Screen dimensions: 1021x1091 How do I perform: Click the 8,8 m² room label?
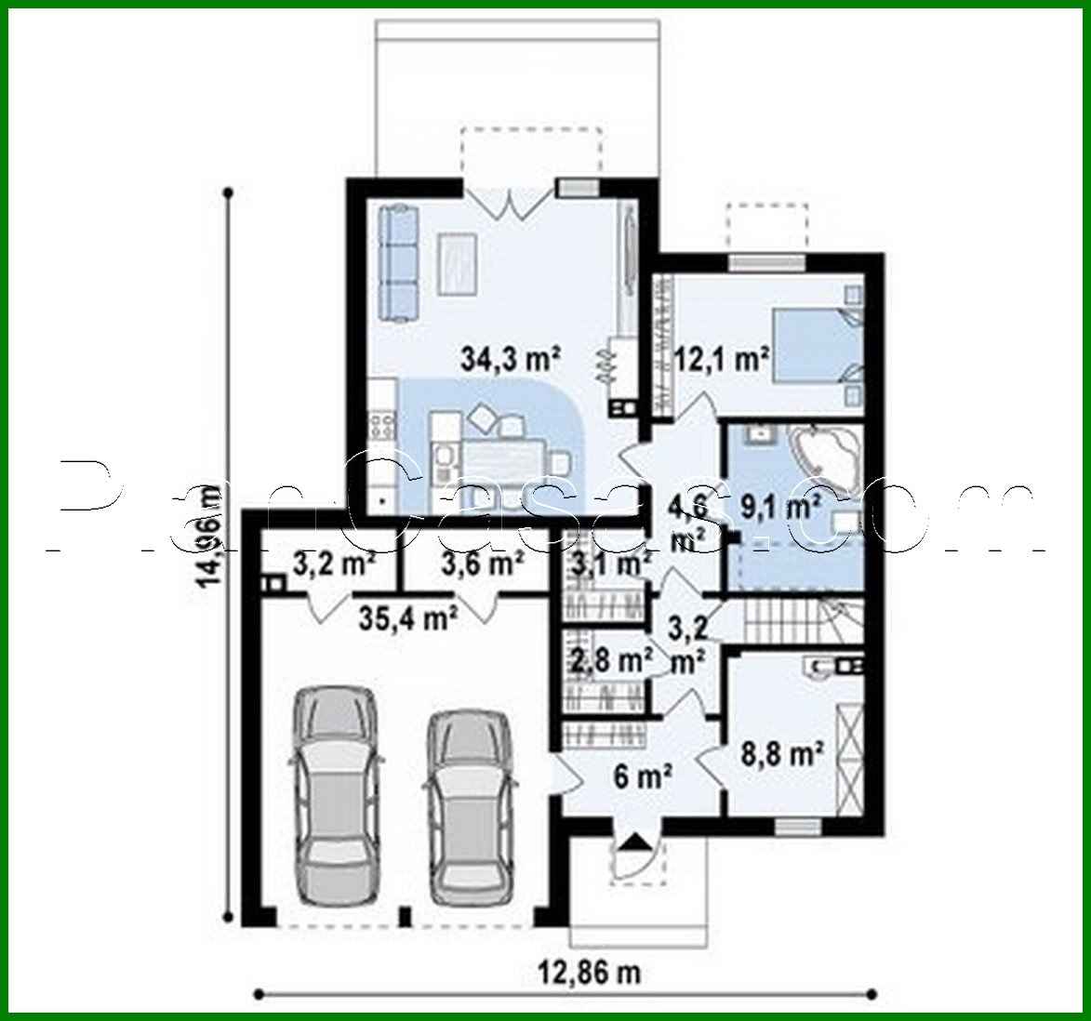click(x=790, y=753)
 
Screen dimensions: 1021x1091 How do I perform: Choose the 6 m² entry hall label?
click(x=644, y=774)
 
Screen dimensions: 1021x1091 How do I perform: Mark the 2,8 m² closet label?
click(x=609, y=661)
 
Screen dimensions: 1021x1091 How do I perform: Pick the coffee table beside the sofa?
click(x=459, y=263)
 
